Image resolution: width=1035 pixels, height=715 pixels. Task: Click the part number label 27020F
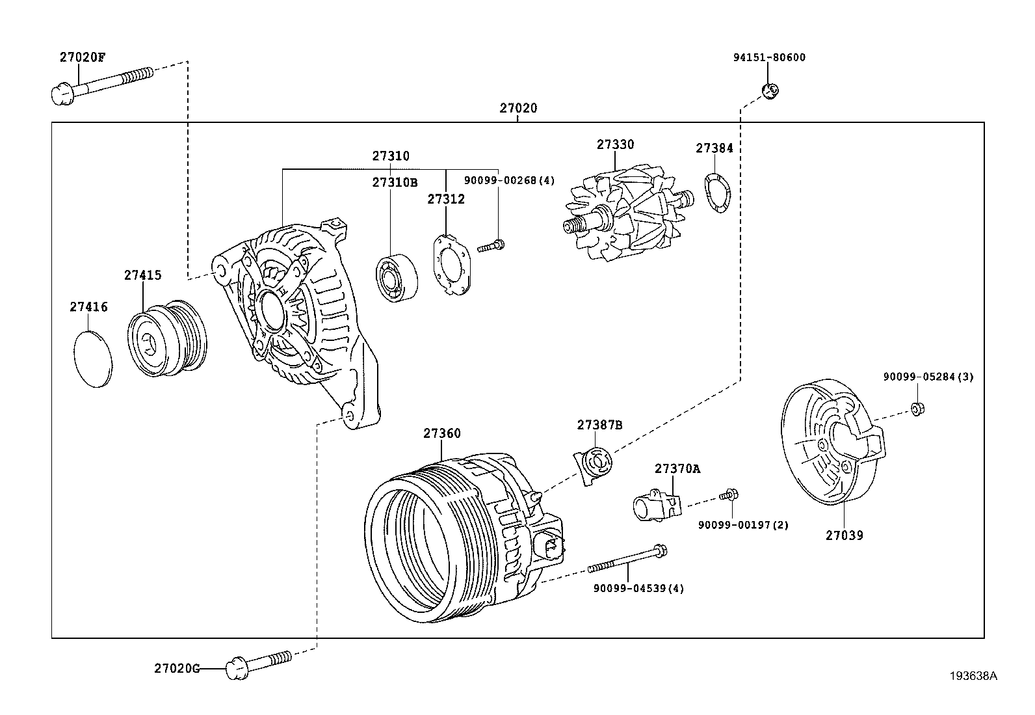pyautogui.click(x=82, y=57)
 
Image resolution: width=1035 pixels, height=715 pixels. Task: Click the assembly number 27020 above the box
pyautogui.click(x=518, y=108)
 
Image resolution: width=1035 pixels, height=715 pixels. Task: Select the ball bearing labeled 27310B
pyautogui.click(x=397, y=278)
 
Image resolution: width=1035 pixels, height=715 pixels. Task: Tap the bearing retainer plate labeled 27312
pyautogui.click(x=452, y=264)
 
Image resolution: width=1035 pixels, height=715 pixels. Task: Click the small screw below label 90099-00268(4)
pyautogui.click(x=492, y=246)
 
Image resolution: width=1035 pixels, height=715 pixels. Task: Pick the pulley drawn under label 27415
pyautogui.click(x=166, y=338)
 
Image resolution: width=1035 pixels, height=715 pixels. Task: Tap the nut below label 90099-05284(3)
pyautogui.click(x=917, y=409)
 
